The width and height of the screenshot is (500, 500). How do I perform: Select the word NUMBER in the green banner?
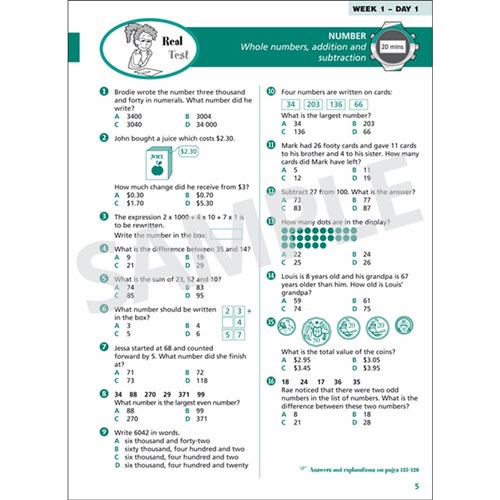click(x=297, y=37)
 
